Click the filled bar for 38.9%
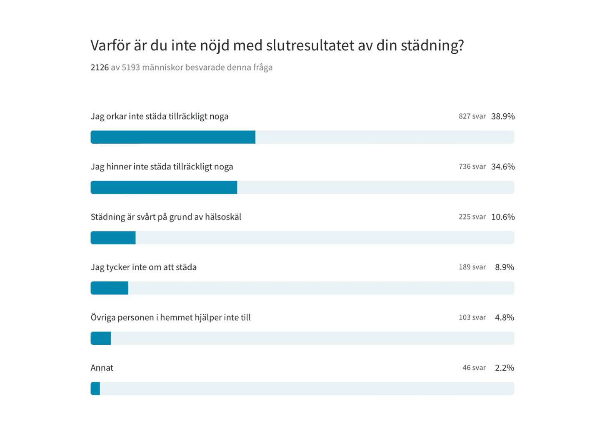173,137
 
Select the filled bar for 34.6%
164,187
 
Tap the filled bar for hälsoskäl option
113,238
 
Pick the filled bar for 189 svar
110,288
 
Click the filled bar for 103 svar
101,338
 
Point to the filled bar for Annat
95,389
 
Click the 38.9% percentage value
503,117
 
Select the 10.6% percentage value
503,217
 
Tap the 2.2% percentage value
504,368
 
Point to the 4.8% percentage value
504,318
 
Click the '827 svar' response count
472,117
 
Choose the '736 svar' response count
472,167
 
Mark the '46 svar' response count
474,368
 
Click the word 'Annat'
102,368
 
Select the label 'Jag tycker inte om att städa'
144,267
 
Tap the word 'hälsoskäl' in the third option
223,217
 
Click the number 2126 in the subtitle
100,67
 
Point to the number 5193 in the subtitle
131,67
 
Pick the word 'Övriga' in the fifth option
103,318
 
